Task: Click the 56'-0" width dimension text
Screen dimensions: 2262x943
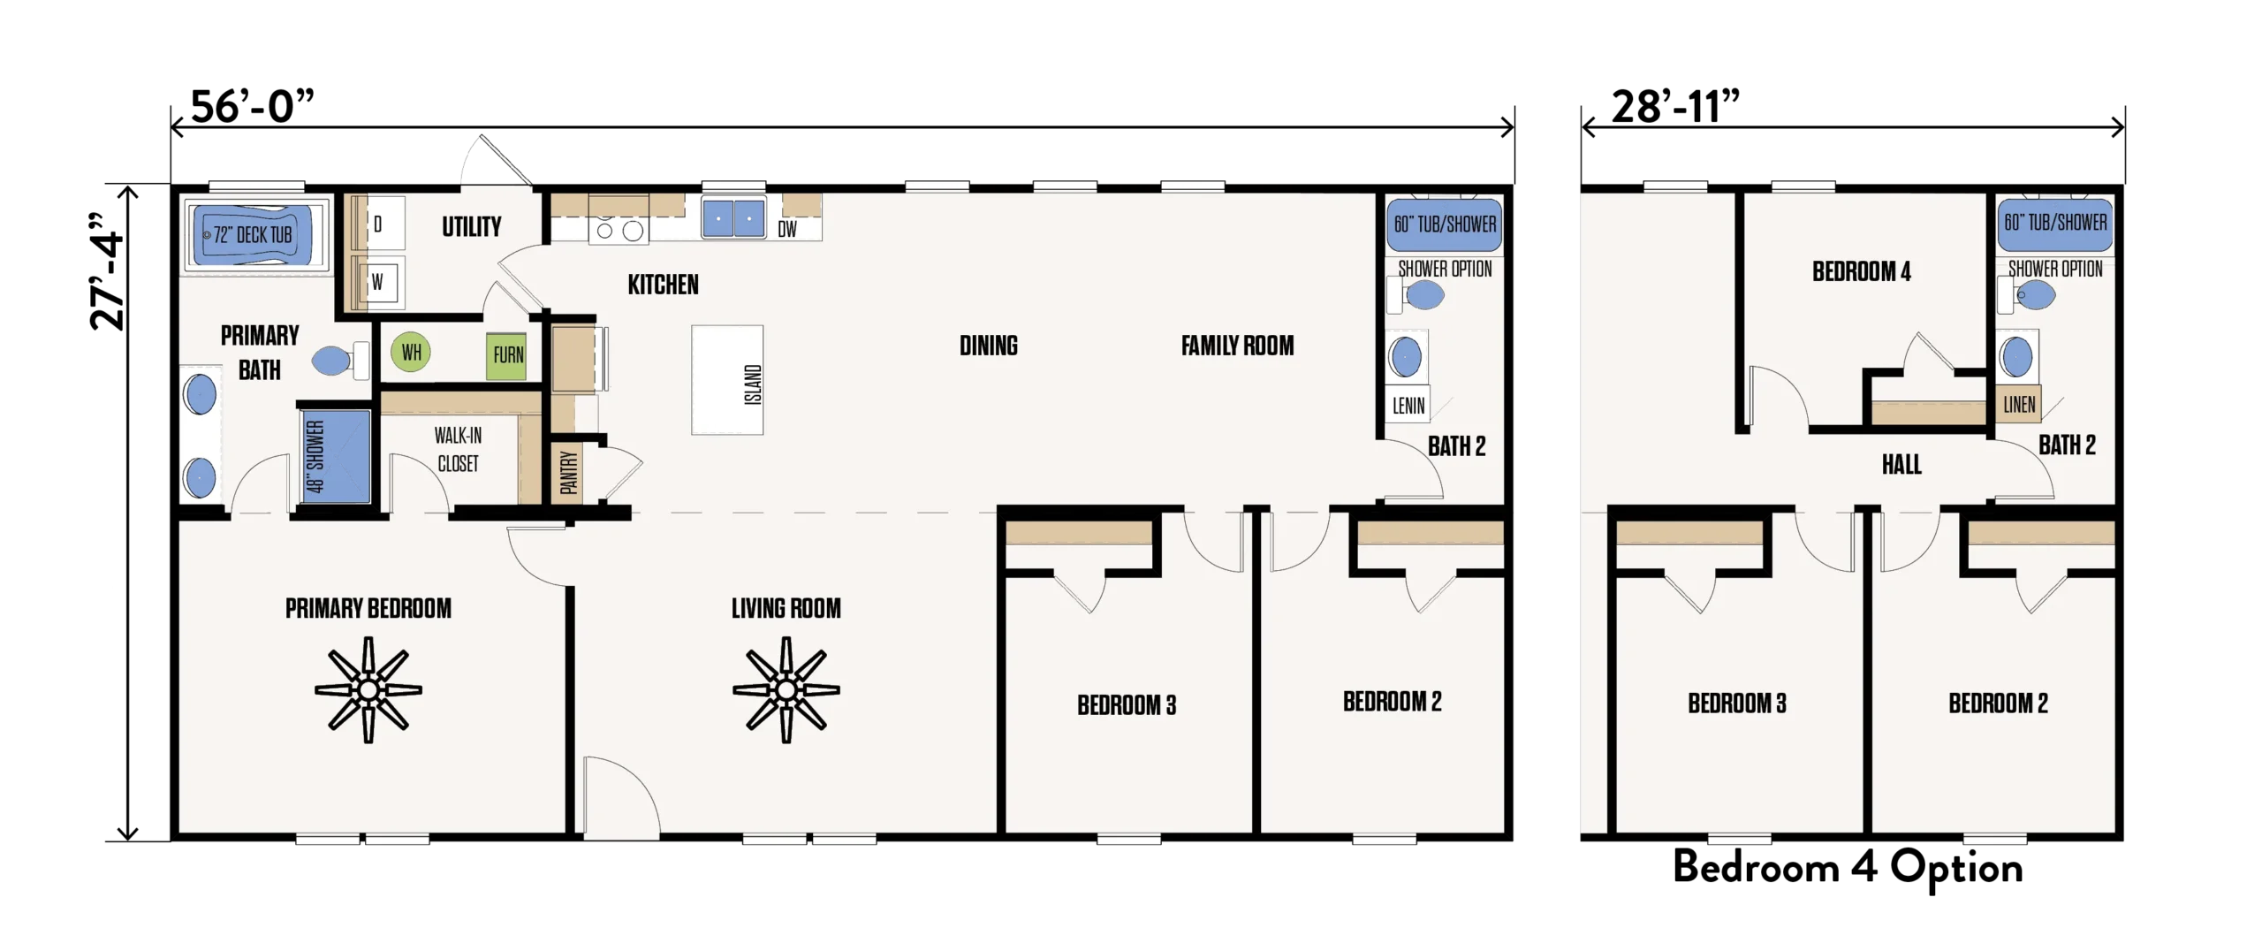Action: click(252, 107)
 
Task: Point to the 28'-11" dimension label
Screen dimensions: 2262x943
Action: click(1674, 107)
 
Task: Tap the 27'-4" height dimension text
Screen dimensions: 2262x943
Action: click(108, 271)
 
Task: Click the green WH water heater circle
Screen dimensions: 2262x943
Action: click(411, 353)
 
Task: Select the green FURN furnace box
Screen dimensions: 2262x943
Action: click(507, 355)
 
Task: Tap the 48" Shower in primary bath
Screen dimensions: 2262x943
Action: click(335, 456)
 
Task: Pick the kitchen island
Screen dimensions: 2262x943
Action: click(727, 380)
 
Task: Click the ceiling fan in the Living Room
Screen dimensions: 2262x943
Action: click(786, 690)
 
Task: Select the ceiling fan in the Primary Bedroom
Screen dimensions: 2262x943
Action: click(368, 690)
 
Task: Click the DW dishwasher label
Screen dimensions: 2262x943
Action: click(787, 230)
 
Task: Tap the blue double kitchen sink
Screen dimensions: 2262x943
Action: click(733, 218)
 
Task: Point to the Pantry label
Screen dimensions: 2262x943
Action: click(569, 472)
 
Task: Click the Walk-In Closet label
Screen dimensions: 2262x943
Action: click(458, 449)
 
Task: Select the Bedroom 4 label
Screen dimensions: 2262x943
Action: click(1861, 271)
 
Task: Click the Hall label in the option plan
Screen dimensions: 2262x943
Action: click(1901, 465)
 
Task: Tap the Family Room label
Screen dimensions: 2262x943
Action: click(1237, 346)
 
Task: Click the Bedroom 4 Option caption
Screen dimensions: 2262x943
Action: click(1848, 868)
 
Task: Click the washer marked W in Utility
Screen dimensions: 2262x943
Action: click(380, 283)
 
